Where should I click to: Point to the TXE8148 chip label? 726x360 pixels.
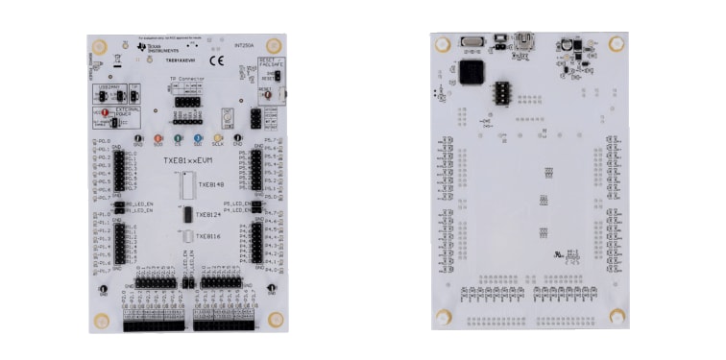tap(209, 184)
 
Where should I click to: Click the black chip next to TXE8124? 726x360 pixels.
tap(186, 215)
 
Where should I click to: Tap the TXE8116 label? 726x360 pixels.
tap(208, 236)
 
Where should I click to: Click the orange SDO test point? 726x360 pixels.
tap(158, 138)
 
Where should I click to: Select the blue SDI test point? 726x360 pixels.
tap(179, 138)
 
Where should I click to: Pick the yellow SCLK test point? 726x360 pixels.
tap(218, 138)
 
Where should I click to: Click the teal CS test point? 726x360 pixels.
tap(198, 138)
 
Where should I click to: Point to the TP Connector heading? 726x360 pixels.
tap(186, 79)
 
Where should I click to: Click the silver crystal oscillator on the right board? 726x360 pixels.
tap(471, 41)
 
